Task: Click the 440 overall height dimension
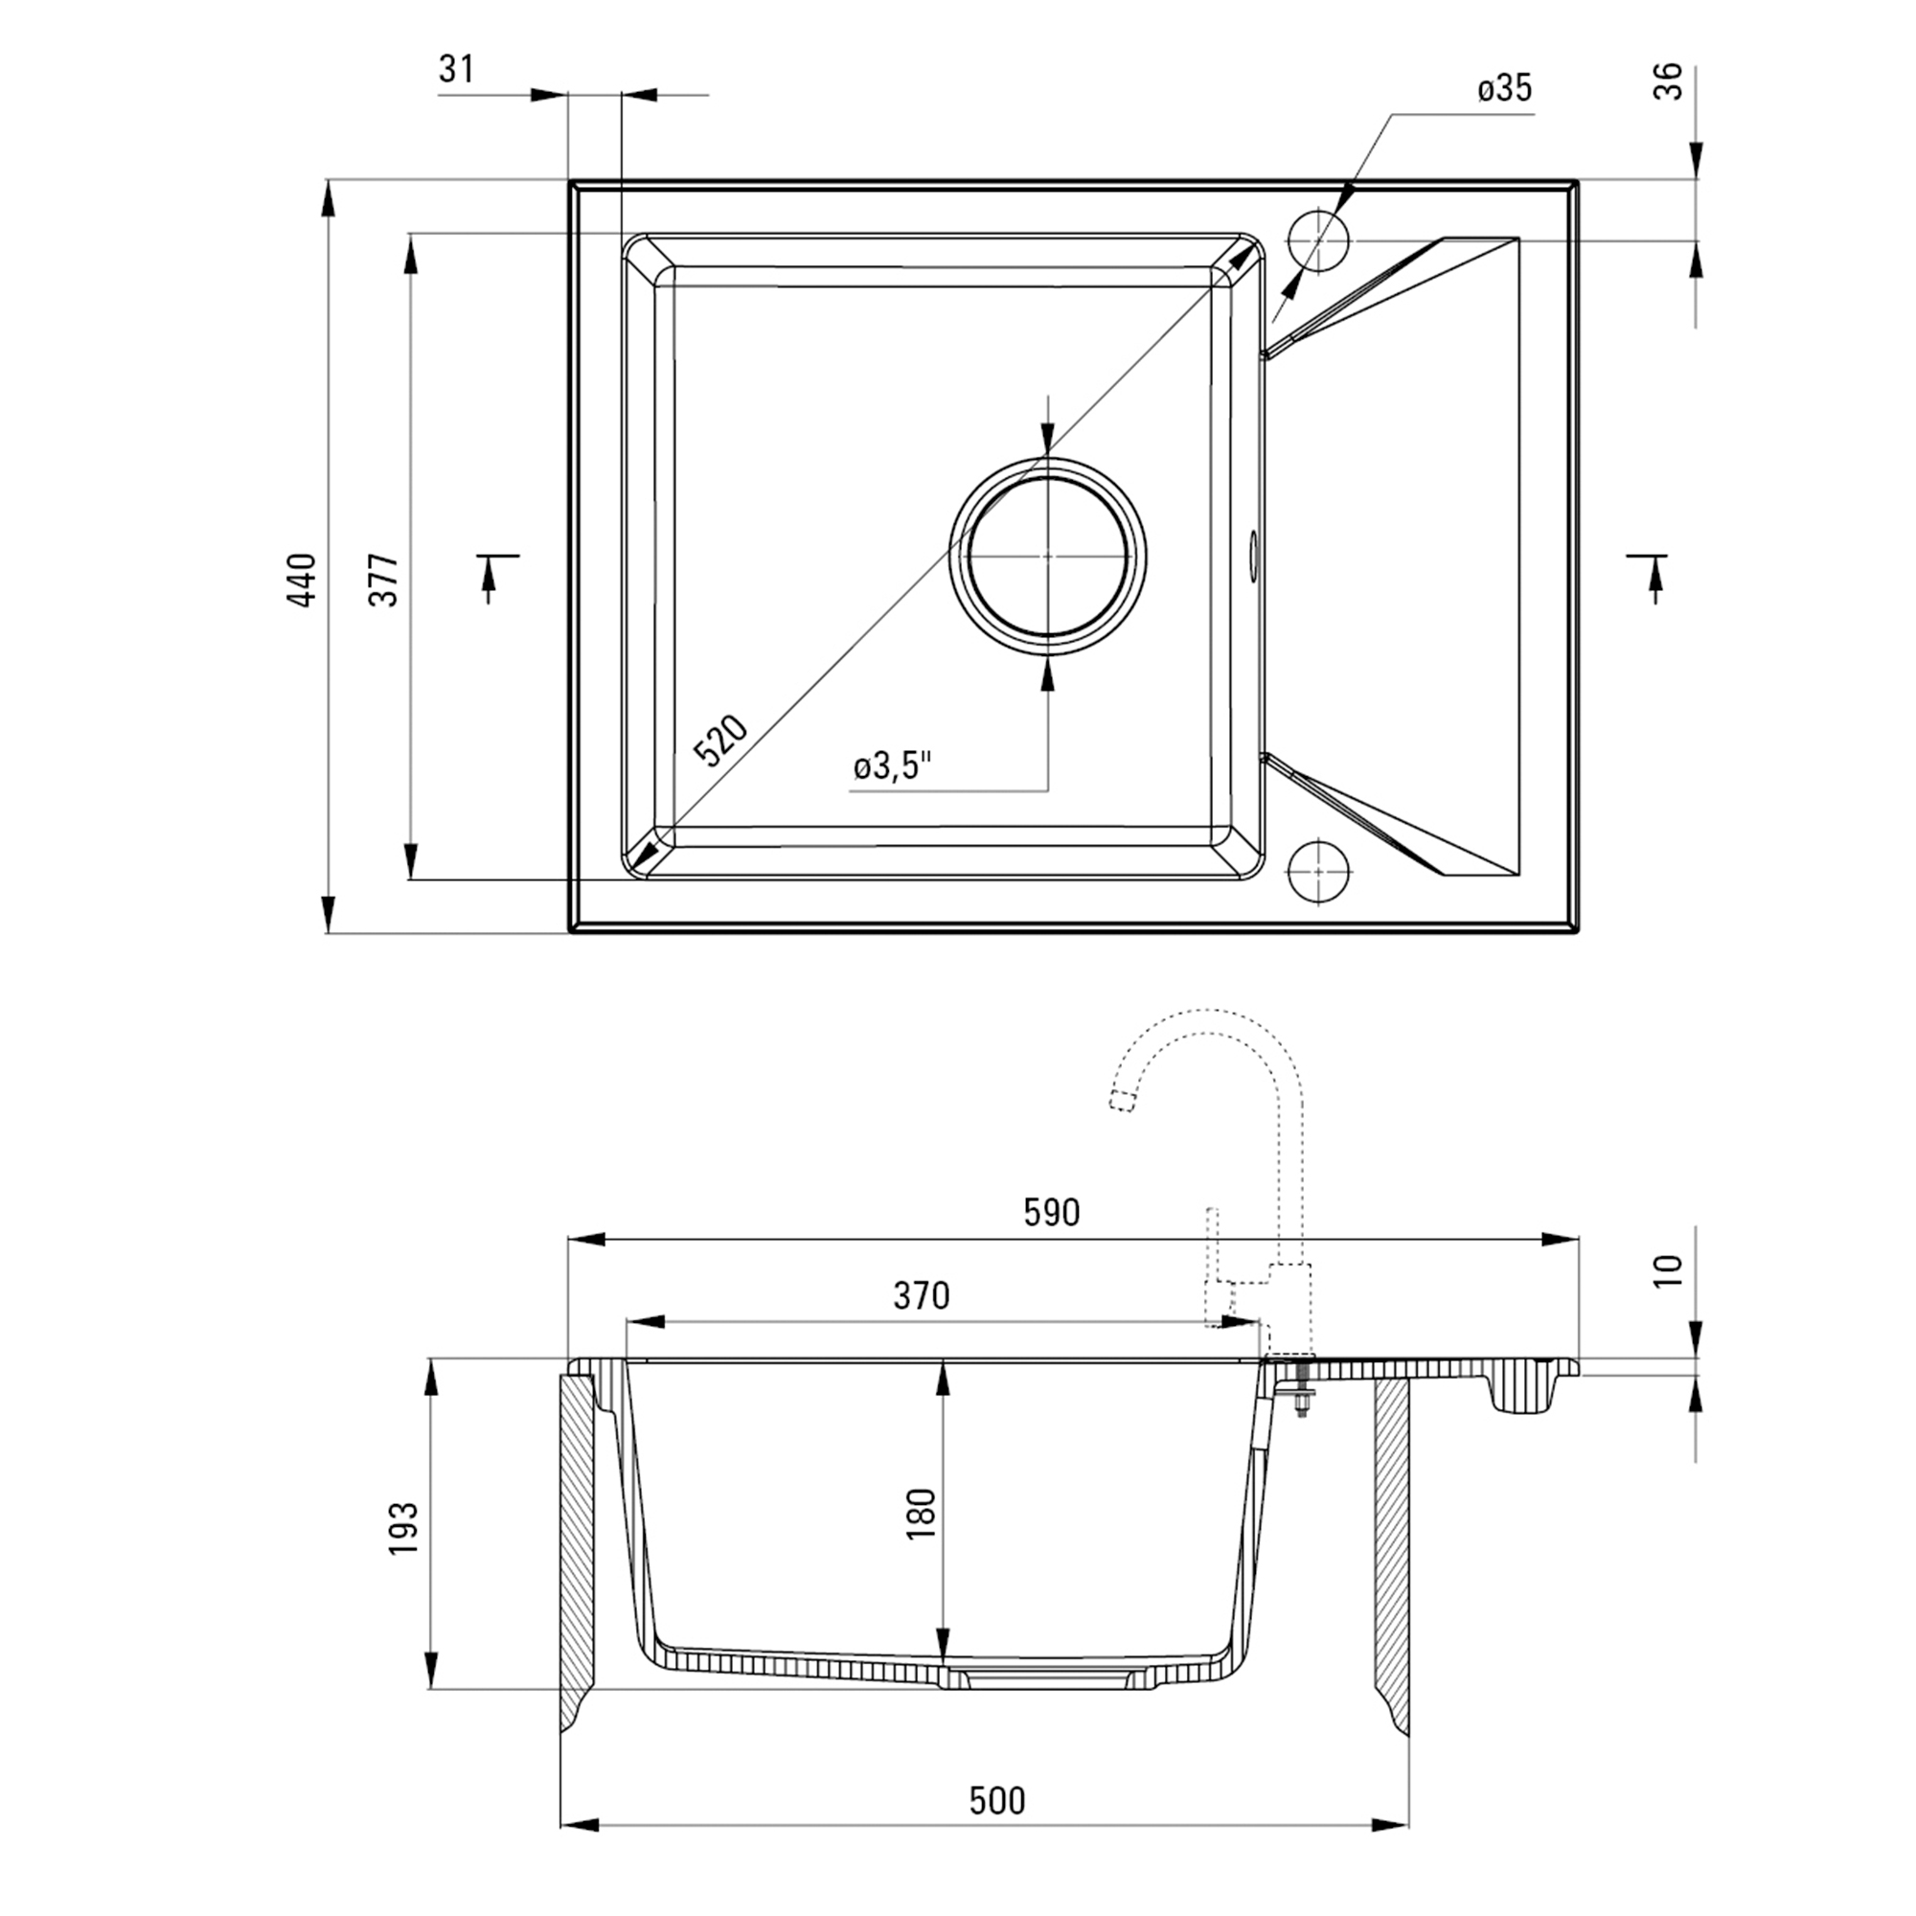[302, 581]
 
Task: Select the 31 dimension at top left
[456, 69]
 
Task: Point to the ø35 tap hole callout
[1504, 89]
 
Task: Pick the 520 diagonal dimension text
[720, 741]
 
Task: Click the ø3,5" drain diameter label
[893, 765]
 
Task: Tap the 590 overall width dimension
[1051, 1212]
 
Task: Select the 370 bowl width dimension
[922, 1295]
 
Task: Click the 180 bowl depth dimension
[922, 1514]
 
